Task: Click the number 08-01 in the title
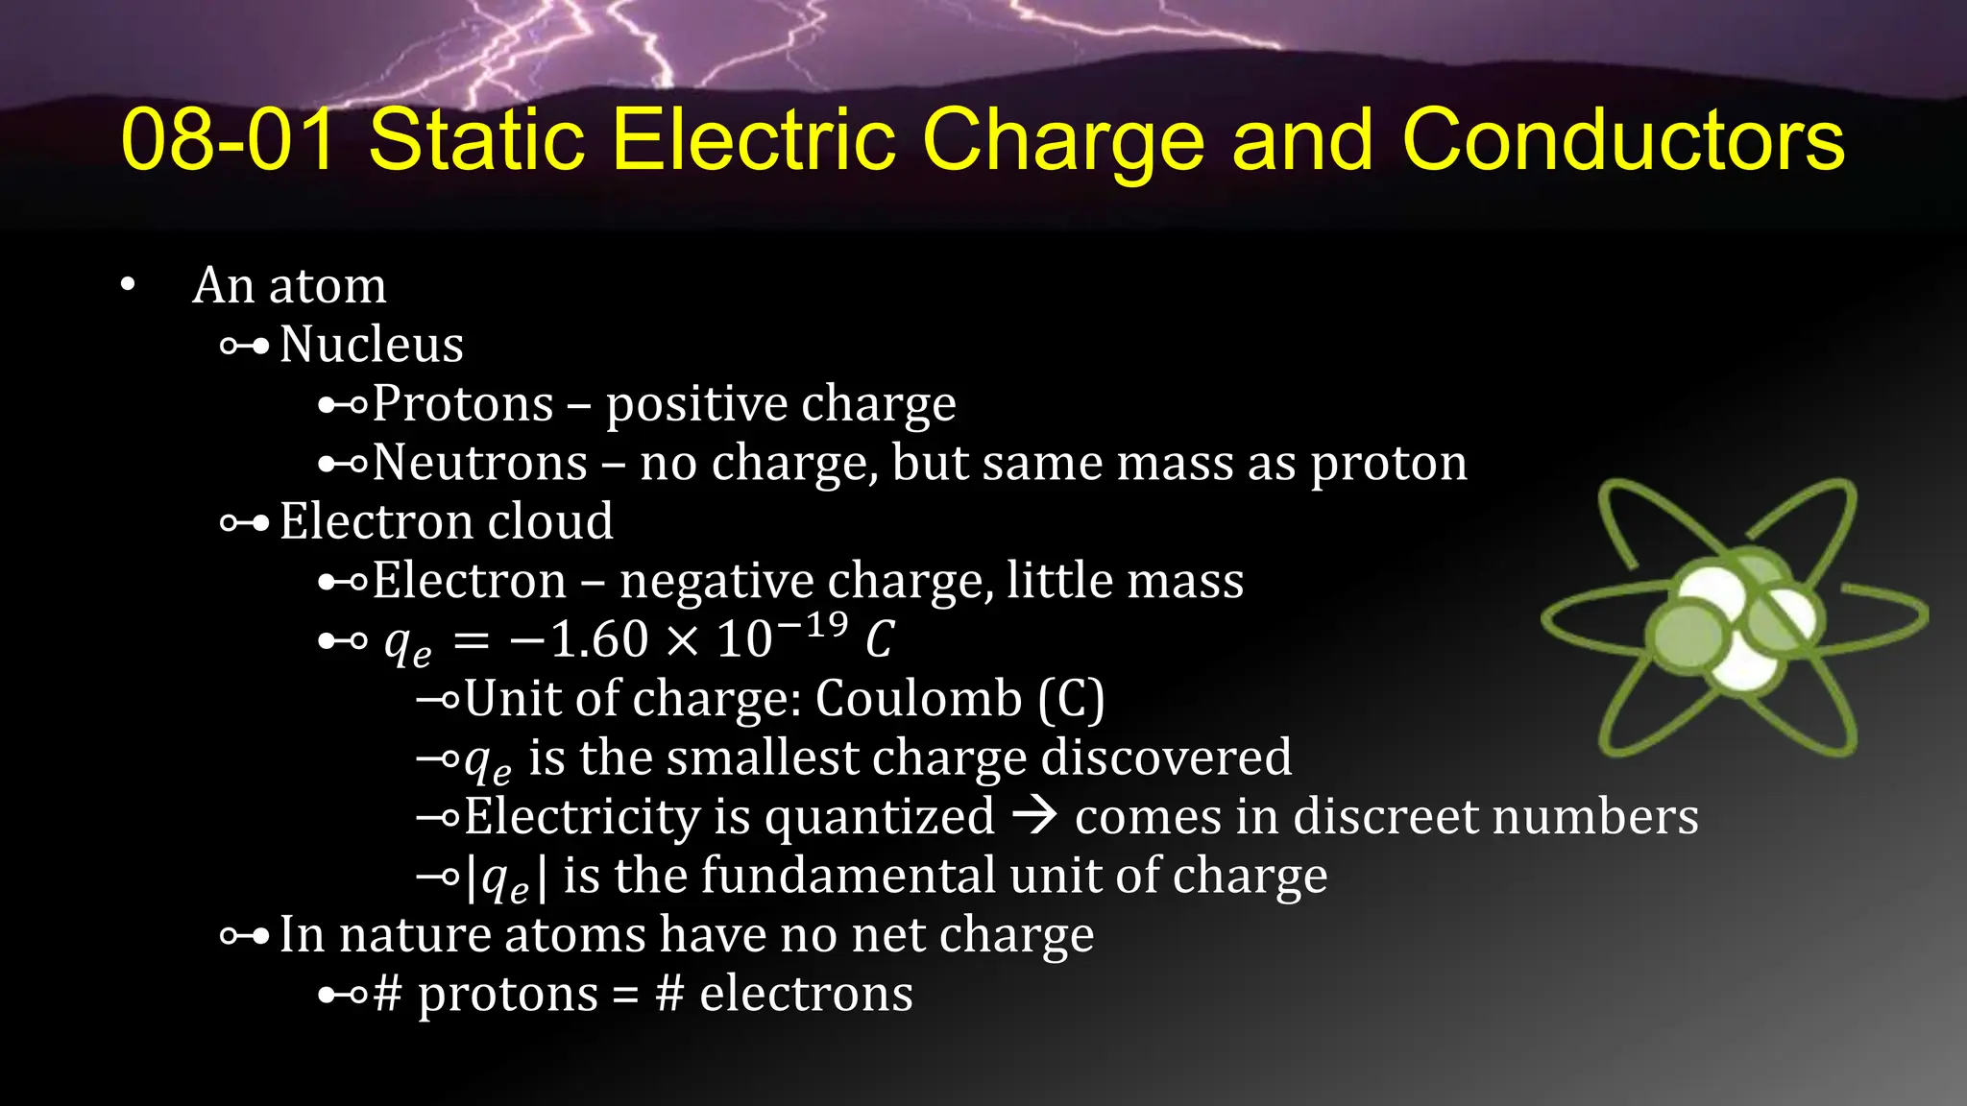229,140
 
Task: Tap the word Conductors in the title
1622,140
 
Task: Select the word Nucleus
371,344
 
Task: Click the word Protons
463,403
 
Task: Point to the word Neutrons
479,463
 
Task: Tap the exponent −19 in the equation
813,626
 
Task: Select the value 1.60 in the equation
599,639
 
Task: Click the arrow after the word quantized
1035,817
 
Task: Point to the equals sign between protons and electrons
625,995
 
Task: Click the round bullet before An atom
129,285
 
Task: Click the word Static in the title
476,140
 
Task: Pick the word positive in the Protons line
694,403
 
